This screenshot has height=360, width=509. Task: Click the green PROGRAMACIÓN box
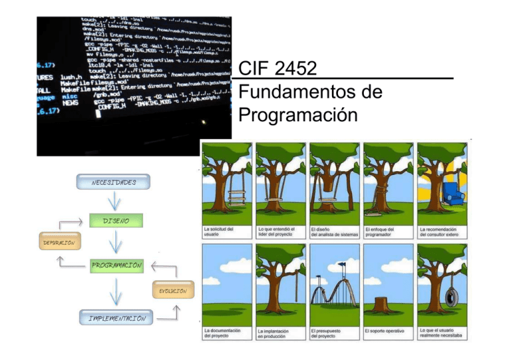[116, 265]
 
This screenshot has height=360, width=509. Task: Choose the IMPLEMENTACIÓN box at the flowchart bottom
[113, 318]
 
